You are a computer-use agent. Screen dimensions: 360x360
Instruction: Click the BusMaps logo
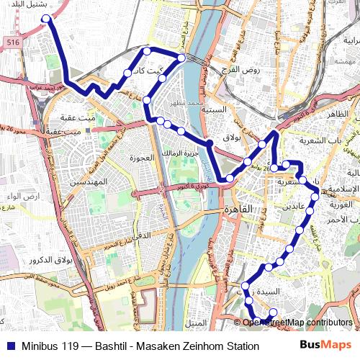click(325, 346)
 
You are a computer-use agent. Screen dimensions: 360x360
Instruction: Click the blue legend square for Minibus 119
click(9, 346)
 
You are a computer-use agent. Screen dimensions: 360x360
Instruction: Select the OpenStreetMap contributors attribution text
click(298, 323)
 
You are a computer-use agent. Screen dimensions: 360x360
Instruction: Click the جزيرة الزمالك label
click(176, 154)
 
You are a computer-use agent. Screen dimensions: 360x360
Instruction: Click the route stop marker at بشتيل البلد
click(46, 19)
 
